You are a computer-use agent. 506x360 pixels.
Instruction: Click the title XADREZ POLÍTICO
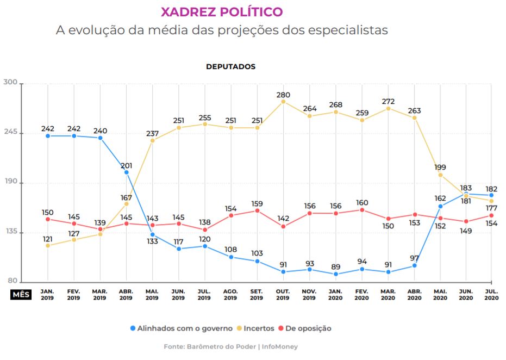point(222,11)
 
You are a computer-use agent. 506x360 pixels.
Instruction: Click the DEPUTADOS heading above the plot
point(230,66)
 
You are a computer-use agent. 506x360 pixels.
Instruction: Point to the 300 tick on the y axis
point(11,83)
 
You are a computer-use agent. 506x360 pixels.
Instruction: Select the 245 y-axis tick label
point(11,133)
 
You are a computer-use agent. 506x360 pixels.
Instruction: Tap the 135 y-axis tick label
point(11,232)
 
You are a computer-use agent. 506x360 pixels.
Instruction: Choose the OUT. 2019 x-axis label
point(283,295)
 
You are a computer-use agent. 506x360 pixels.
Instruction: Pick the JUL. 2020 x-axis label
point(491,295)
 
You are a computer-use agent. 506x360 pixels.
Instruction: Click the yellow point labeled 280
point(283,102)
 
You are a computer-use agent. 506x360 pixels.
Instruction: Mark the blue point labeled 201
point(126,172)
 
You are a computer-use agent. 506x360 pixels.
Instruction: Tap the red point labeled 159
point(257,210)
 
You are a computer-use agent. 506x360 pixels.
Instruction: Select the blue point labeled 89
point(336,274)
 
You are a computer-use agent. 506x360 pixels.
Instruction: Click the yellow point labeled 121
point(48,246)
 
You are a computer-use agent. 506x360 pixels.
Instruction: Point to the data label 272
point(388,101)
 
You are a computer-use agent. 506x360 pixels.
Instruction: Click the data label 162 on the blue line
point(439,198)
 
